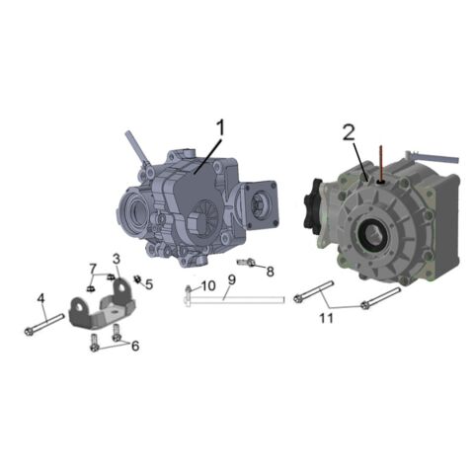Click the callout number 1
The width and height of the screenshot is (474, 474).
point(221,127)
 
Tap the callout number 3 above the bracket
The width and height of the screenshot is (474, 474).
point(116,259)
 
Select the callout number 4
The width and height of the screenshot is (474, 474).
point(40,298)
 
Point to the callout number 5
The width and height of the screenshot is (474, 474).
point(149,284)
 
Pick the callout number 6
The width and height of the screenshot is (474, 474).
point(134,346)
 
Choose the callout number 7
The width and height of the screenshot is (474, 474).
point(93,269)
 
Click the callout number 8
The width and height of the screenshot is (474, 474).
point(270,270)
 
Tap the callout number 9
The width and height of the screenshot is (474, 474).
point(230,280)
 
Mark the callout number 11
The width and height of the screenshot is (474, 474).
point(326,317)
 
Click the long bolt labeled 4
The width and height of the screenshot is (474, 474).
point(43,324)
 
